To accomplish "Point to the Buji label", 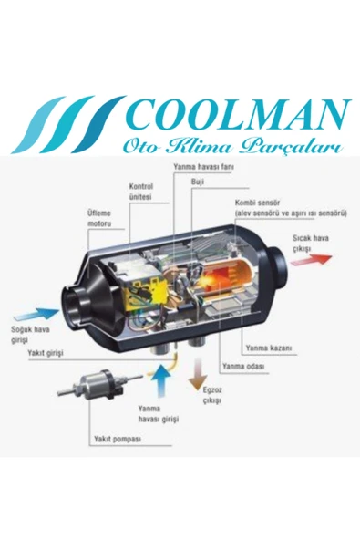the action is click(197, 182).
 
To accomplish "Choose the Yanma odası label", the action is click(240, 367).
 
